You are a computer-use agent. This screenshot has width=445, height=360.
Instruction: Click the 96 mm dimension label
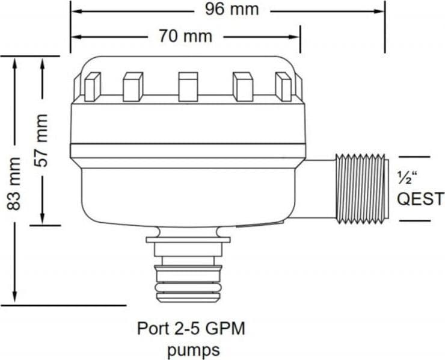click(x=232, y=10)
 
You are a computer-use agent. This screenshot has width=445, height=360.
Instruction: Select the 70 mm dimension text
click(x=185, y=36)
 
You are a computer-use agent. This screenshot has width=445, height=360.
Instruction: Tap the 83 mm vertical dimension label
click(x=14, y=184)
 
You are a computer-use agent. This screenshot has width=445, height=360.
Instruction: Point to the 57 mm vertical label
click(x=41, y=140)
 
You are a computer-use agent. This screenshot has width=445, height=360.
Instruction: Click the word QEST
click(x=420, y=199)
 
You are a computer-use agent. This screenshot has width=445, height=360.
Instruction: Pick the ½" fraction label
click(x=408, y=178)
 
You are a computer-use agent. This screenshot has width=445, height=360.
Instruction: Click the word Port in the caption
click(x=152, y=329)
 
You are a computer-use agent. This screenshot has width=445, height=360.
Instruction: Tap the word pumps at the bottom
click(x=194, y=350)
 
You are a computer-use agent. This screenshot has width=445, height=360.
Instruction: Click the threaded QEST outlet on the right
click(x=361, y=188)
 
